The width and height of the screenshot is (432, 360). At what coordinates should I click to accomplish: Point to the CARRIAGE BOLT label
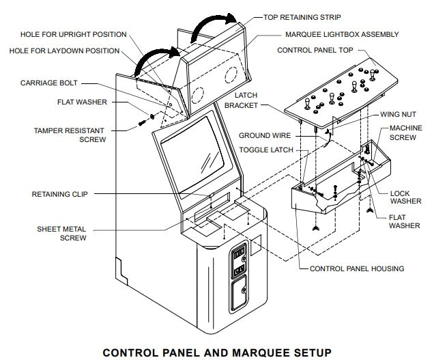50,85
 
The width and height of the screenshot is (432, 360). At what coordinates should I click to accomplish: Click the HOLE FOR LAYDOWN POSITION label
64,51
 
